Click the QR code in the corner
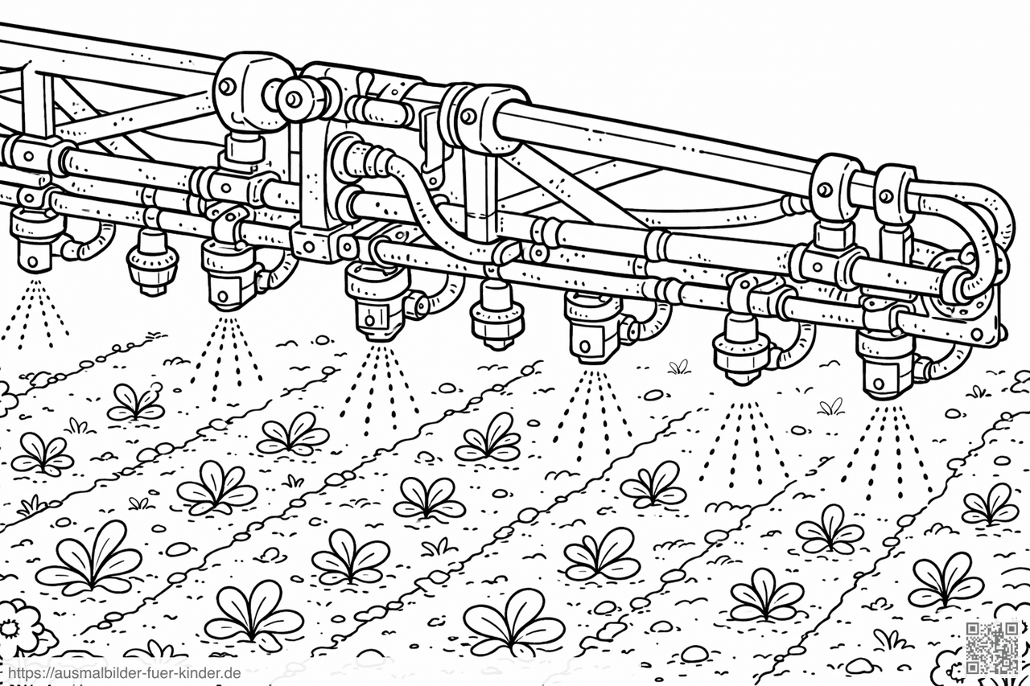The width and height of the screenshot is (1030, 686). pos(991,647)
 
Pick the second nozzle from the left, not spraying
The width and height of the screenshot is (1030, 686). pos(152,262)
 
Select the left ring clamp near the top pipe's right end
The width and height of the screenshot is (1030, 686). pos(833,187)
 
